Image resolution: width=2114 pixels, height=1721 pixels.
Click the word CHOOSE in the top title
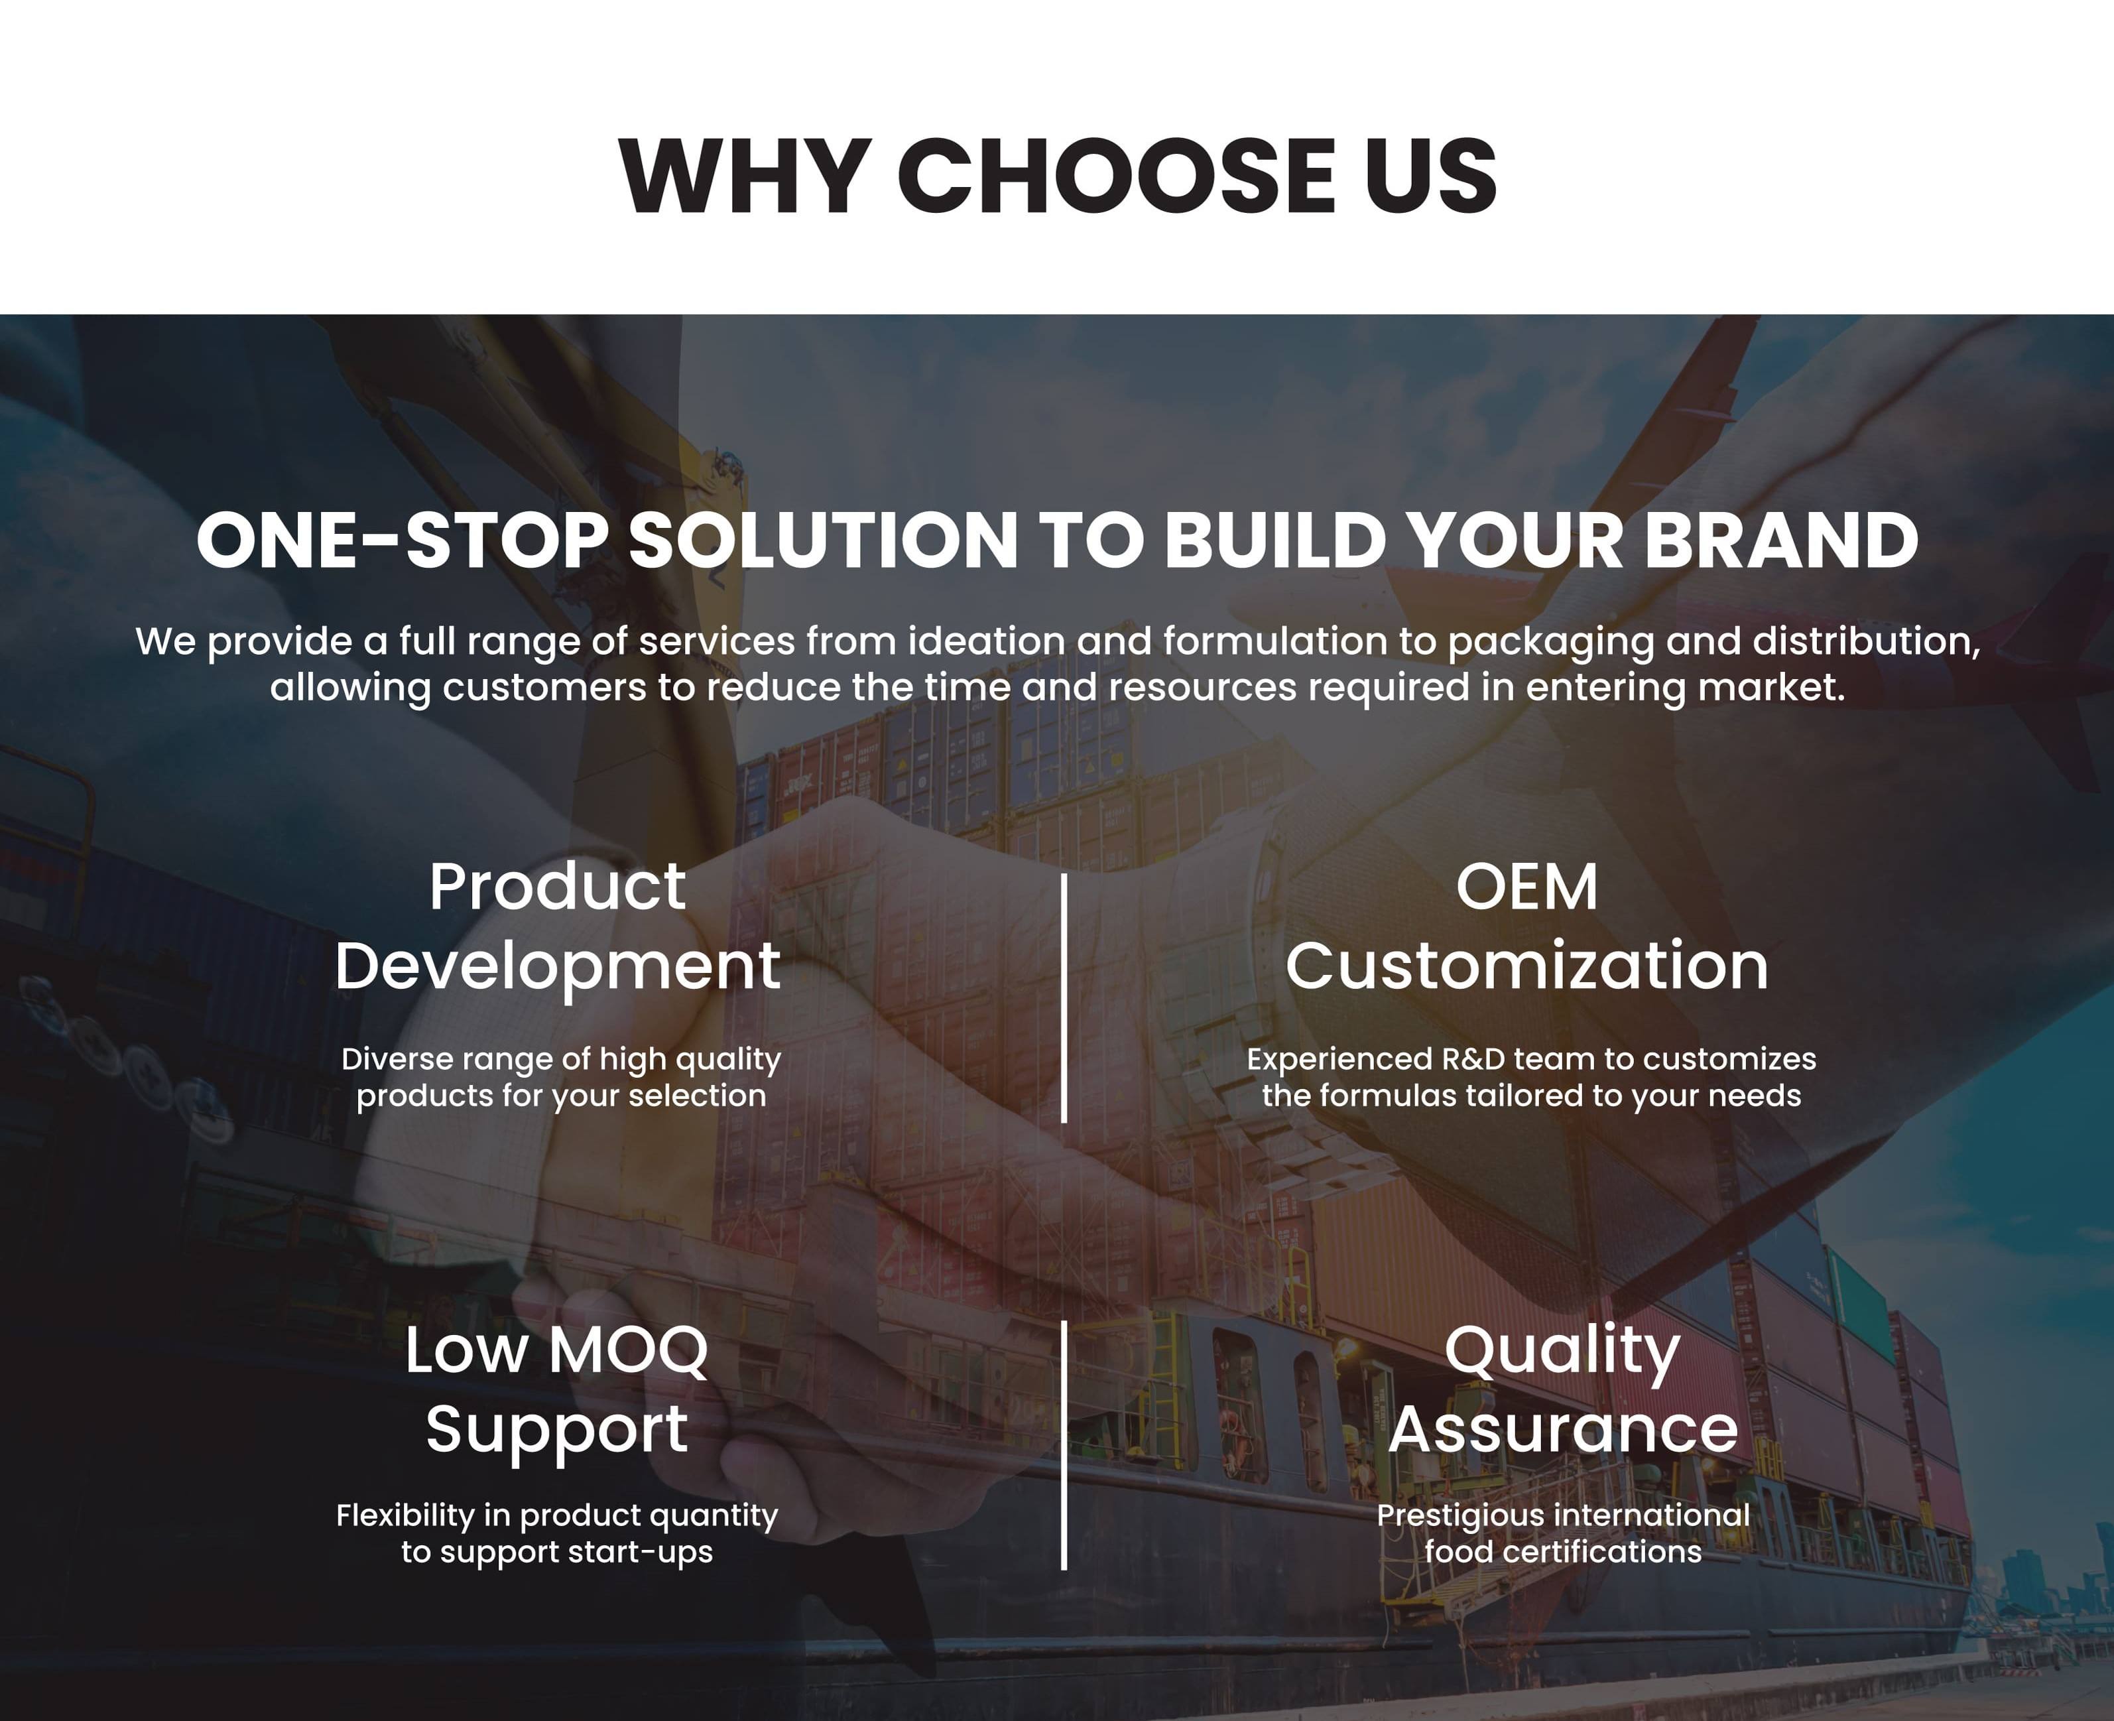pyautogui.click(x=1116, y=176)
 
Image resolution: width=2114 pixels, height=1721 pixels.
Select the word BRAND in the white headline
pyautogui.click(x=1781, y=541)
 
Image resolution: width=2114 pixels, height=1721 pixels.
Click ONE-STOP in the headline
pyautogui.click(x=401, y=541)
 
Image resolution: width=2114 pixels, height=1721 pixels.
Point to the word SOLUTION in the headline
pyautogui.click(x=823, y=541)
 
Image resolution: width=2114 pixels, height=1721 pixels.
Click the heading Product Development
pyautogui.click(x=558, y=926)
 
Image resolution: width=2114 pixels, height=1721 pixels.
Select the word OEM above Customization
pyautogui.click(x=1526, y=886)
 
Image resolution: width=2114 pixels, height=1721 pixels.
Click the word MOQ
pyautogui.click(x=627, y=1350)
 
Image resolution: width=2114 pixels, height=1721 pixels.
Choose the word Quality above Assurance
pyautogui.click(x=1562, y=1350)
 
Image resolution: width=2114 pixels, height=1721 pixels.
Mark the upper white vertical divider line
pyautogui.click(x=1064, y=997)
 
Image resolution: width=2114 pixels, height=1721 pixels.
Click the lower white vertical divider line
pyautogui.click(x=1064, y=1444)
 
